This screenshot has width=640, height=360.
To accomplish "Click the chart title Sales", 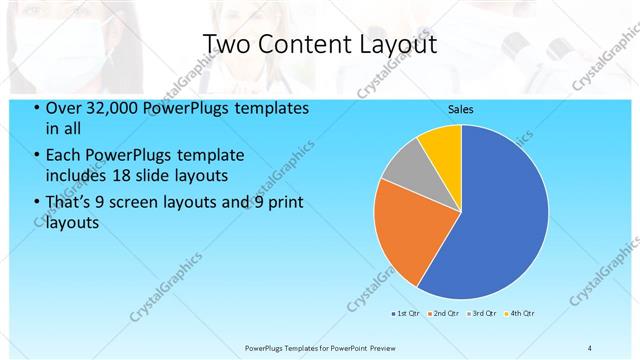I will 460,109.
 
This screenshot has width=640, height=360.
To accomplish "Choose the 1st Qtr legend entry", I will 408,313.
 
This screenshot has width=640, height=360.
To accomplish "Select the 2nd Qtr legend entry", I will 445,313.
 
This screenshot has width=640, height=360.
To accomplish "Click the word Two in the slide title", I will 227,44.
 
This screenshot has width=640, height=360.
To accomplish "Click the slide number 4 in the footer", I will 590,347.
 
